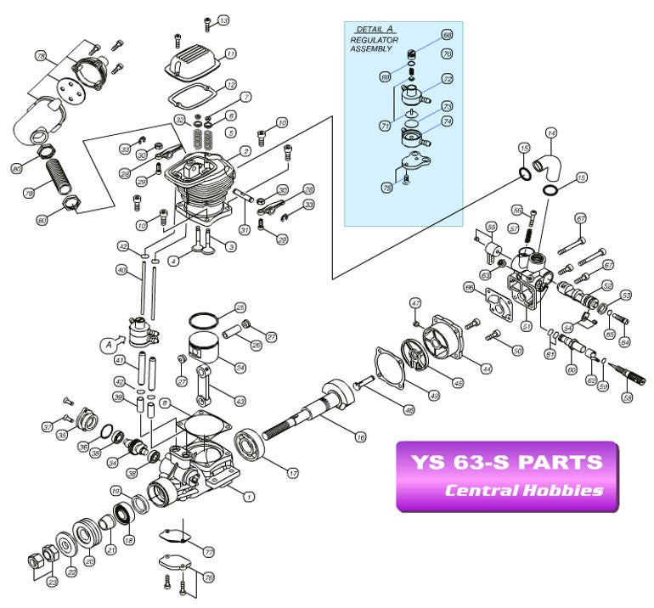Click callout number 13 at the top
point(223,20)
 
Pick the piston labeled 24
point(205,349)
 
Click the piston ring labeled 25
point(200,320)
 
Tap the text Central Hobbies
point(524,490)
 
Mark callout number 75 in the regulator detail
point(386,189)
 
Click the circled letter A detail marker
point(108,345)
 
